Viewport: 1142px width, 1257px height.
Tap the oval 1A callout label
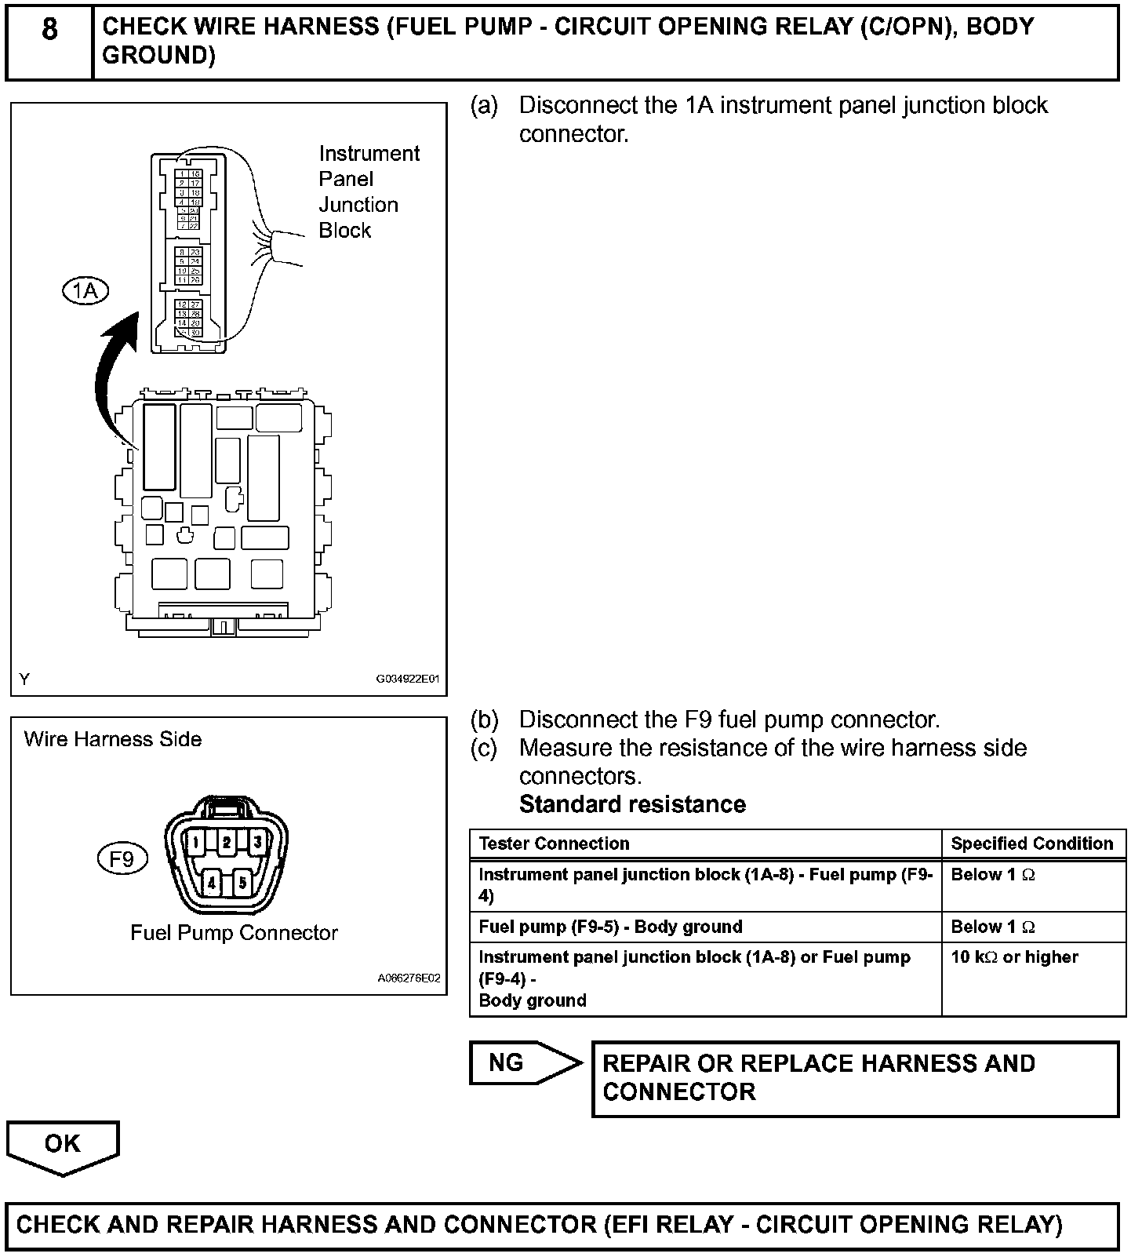click(85, 291)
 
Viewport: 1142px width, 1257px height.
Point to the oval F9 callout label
click(122, 860)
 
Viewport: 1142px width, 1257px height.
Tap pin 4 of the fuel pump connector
click(212, 883)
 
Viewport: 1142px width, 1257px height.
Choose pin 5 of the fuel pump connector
click(243, 883)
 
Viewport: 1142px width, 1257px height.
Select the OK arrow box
click(63, 1146)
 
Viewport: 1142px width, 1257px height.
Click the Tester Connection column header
click(554, 843)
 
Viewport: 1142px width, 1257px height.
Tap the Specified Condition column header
click(1031, 843)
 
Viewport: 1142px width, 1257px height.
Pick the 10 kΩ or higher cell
click(1014, 957)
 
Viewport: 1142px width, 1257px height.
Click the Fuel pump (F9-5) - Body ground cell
click(610, 927)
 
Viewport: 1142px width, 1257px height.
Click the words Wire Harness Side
click(113, 739)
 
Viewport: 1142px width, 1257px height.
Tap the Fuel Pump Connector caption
click(234, 933)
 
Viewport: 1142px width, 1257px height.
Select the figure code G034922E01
click(408, 680)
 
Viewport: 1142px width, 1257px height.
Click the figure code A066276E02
click(409, 978)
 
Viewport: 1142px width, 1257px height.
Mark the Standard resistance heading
click(632, 804)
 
